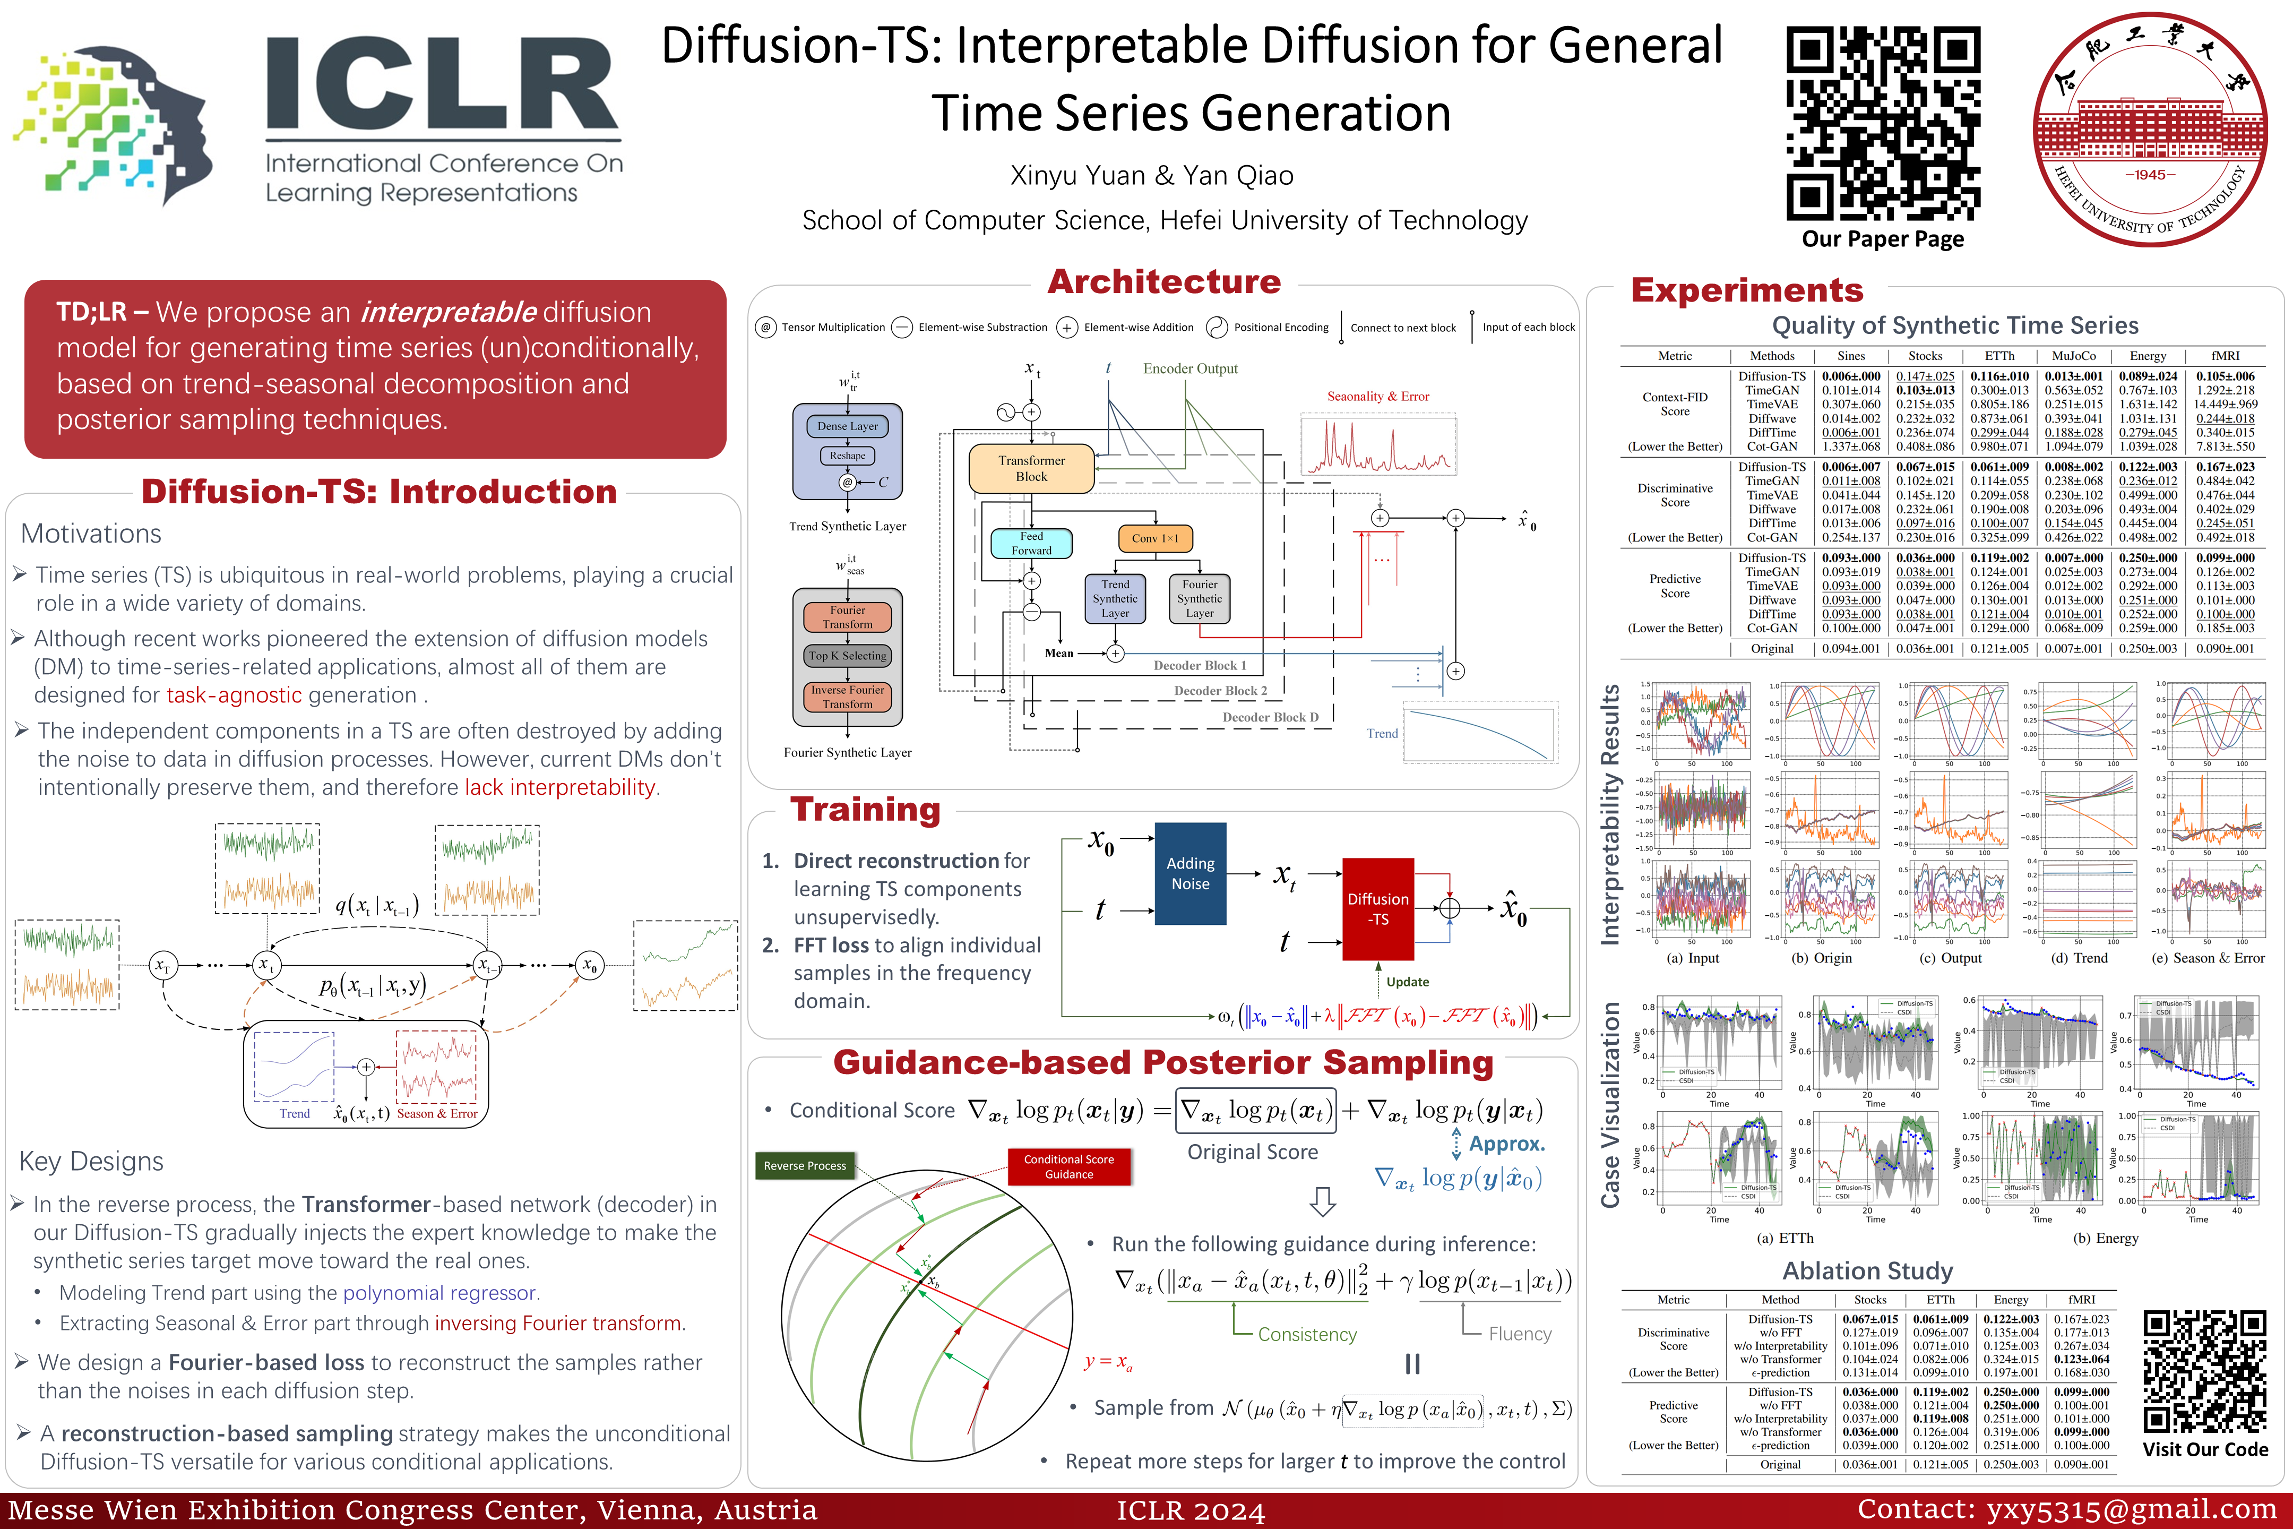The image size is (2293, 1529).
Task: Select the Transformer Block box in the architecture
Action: [1031, 468]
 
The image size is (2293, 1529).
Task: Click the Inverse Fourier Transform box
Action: [847, 696]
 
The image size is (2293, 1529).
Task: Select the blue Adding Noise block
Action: [1191, 874]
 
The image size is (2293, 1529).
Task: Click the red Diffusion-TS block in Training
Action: [1377, 909]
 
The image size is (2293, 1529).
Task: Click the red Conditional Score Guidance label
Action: [1068, 1166]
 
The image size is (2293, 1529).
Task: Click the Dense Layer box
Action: [847, 426]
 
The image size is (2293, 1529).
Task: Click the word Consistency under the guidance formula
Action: [1306, 1334]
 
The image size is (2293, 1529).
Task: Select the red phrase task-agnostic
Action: [234, 695]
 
